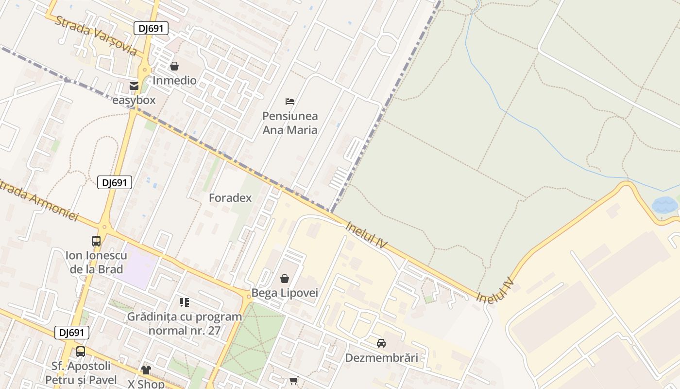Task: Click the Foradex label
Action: click(x=230, y=198)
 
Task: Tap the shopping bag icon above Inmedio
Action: click(x=174, y=66)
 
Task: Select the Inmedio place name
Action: click(x=174, y=80)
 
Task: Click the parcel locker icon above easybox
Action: click(x=134, y=86)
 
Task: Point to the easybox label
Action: click(x=134, y=100)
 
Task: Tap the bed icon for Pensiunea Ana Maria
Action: click(x=290, y=102)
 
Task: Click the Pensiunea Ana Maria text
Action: click(x=290, y=123)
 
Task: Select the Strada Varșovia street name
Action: click(x=96, y=35)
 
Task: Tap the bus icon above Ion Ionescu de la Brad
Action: click(x=96, y=241)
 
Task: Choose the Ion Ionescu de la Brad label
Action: click(x=96, y=262)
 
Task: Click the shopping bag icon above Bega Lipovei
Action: click(x=285, y=279)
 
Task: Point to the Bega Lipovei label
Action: click(x=285, y=293)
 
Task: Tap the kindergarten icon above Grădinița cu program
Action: click(x=184, y=302)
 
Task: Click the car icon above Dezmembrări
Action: click(x=381, y=343)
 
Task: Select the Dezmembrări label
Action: click(x=381, y=358)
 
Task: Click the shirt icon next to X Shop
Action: click(x=146, y=370)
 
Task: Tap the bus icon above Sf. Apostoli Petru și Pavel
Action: click(x=81, y=351)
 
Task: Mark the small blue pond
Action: click(x=664, y=205)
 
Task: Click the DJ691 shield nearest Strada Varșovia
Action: click(x=151, y=28)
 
